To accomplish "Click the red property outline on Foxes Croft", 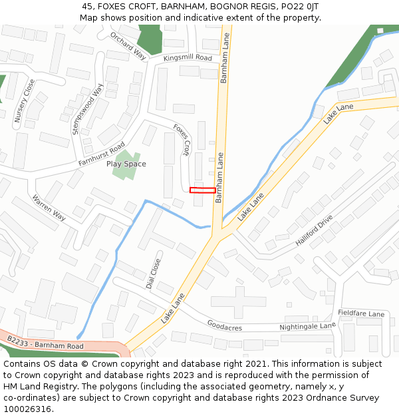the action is [202, 190].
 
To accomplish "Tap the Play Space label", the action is [126, 164].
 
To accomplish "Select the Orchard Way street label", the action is [128, 45].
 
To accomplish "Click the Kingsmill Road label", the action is [188, 59].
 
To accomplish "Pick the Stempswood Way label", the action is [88, 109].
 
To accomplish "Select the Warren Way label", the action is [49, 208].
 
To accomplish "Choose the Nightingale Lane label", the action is [307, 326].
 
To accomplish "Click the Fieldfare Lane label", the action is [361, 313].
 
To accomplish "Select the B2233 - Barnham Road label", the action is [45, 343].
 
